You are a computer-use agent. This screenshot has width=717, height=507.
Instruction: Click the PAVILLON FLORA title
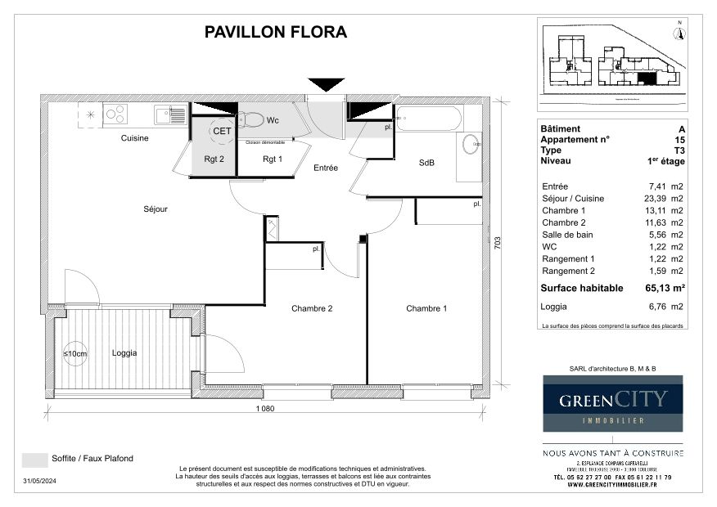(x=275, y=33)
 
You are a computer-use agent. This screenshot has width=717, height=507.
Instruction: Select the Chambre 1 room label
(x=426, y=308)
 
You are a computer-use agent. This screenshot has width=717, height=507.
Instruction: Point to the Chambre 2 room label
(x=312, y=308)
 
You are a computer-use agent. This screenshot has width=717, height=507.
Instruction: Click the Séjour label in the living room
(x=155, y=209)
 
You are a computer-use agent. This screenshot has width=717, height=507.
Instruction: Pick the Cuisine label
(x=135, y=138)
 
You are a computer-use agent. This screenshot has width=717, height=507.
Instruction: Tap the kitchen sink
(x=171, y=115)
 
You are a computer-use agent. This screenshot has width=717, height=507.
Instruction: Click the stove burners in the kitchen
(x=115, y=114)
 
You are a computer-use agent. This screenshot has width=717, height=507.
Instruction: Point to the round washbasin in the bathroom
(x=471, y=144)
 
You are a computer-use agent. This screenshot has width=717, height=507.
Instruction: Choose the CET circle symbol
(x=221, y=130)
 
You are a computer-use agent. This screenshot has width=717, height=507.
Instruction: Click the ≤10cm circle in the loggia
(x=75, y=353)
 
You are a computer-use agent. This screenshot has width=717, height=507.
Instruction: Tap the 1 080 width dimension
(x=264, y=408)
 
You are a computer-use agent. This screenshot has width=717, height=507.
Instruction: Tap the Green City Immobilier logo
(x=613, y=403)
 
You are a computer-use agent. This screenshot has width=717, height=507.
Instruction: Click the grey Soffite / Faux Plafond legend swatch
(x=34, y=460)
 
